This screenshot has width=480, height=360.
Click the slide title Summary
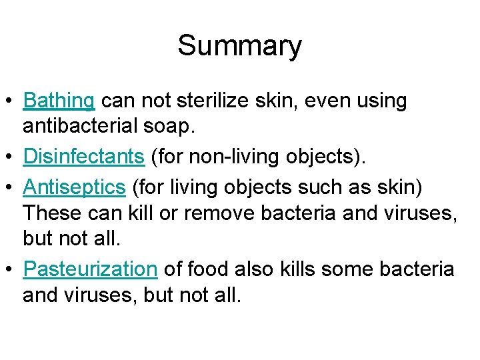239,46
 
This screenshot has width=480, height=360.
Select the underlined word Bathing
59,101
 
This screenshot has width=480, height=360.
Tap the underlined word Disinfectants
83,157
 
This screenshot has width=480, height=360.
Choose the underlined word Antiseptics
74,187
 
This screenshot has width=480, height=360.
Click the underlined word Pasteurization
90,269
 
